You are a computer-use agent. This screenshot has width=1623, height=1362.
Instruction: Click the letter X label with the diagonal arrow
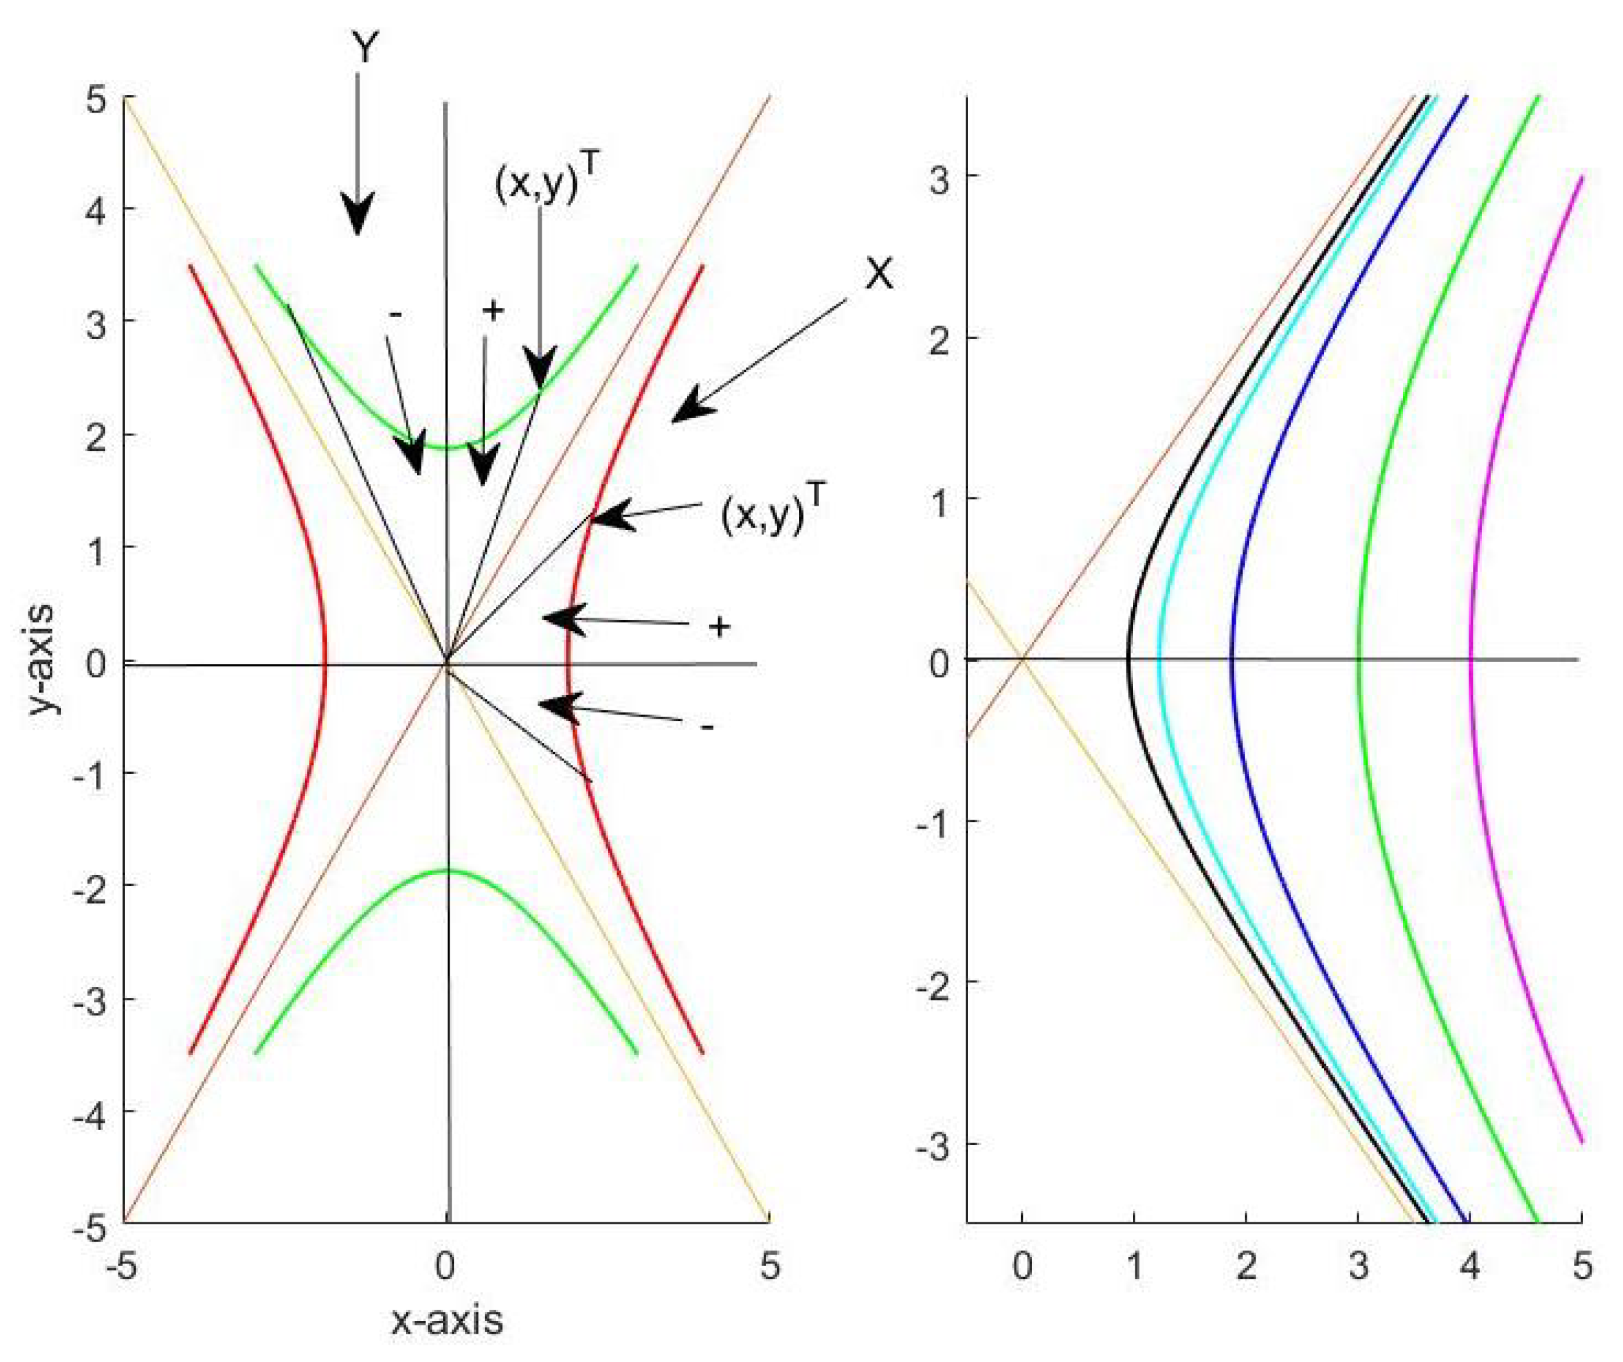click(879, 273)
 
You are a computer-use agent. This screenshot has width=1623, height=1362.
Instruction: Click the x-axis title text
click(446, 1321)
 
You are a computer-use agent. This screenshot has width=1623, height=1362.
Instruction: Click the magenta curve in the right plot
click(1472, 657)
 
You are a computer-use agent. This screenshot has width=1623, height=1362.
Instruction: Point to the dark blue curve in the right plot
click(1231, 657)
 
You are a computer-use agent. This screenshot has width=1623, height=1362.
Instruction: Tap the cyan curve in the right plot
click(1159, 657)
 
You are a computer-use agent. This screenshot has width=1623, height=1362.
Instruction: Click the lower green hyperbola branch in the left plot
click(446, 872)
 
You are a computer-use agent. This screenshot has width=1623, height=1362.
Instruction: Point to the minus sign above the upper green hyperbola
click(396, 315)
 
